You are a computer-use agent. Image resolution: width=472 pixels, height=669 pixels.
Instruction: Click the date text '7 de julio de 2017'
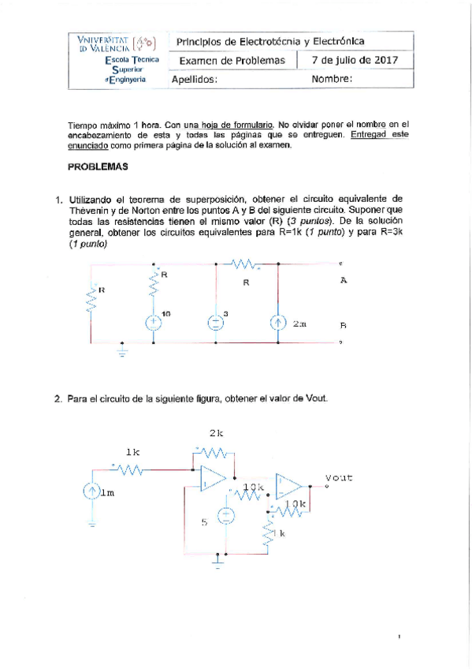tap(355, 60)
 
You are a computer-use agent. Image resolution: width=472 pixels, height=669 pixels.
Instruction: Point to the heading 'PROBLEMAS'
tap(97, 167)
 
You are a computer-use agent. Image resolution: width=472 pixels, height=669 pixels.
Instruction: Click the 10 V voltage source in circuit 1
tap(154, 323)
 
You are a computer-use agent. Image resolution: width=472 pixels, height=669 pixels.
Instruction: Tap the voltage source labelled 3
tap(215, 323)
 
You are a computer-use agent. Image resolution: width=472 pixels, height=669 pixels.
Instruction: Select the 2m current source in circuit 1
tap(277, 323)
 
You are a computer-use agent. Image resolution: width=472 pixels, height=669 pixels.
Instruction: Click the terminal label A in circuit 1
tap(343, 280)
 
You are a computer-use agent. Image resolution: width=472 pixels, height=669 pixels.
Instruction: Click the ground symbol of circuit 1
tap(122, 349)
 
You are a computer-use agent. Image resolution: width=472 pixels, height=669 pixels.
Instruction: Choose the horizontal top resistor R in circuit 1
tap(247, 266)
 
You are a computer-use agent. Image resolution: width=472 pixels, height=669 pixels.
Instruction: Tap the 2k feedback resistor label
tap(217, 433)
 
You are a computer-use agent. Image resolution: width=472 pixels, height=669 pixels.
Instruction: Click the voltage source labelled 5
tap(225, 517)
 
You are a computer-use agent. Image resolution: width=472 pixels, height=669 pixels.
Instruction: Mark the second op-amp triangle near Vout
tap(287, 487)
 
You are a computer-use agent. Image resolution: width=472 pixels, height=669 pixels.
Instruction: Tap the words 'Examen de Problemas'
tap(231, 60)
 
